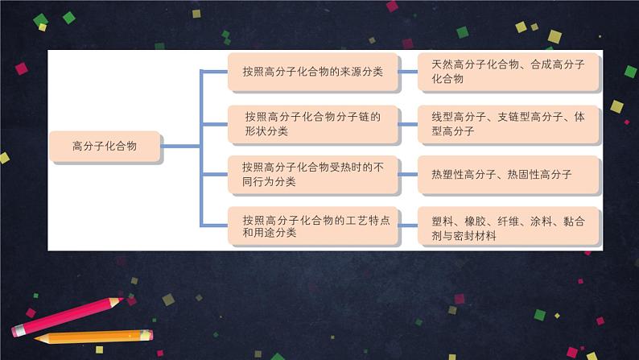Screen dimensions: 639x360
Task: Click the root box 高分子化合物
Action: [x=105, y=147]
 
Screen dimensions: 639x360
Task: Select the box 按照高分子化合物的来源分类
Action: [x=313, y=72]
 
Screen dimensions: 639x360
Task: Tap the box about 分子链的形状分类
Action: [x=313, y=123]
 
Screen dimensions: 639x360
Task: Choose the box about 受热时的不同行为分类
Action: [x=313, y=175]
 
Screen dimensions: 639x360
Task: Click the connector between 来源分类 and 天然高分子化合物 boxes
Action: [x=409, y=72]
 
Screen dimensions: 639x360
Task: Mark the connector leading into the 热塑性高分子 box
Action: [x=409, y=175]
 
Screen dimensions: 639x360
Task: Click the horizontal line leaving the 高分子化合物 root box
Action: [x=181, y=147]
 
